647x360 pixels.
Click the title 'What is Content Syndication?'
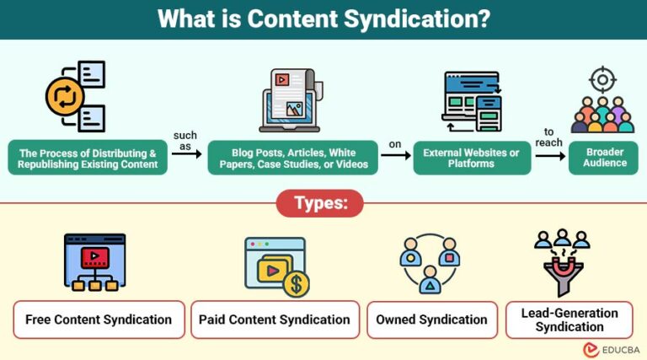pos(323,19)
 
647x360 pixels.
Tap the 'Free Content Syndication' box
pos(99,320)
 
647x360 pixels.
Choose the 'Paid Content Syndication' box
pos(275,320)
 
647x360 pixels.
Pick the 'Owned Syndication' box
pos(431,320)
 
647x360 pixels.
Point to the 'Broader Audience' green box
pos(603,157)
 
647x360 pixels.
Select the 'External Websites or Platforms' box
pos(472,157)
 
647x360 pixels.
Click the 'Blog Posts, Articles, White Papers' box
pos(294,157)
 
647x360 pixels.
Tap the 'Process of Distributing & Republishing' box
pos(88,157)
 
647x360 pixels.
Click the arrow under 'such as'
pos(186,154)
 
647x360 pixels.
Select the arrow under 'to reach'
pos(548,155)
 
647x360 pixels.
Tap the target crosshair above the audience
pos(602,81)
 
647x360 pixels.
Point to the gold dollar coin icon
pos(296,284)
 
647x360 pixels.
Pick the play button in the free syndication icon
pos(95,255)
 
